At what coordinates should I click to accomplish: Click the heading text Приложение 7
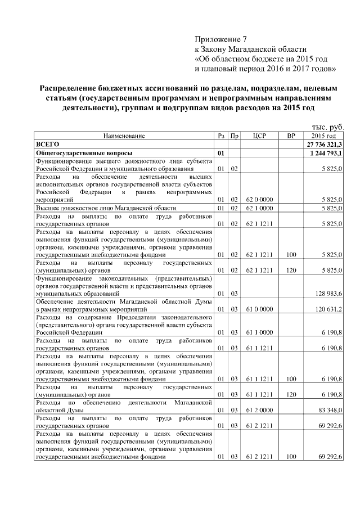tap(220, 39)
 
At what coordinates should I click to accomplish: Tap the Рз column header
tap(221, 136)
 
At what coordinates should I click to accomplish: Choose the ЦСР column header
tap(259, 136)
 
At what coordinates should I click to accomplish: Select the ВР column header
tap(290, 136)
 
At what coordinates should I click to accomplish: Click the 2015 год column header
tap(323, 136)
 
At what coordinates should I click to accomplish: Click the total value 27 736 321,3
tap(324, 145)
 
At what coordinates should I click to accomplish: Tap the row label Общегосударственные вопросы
tap(84, 153)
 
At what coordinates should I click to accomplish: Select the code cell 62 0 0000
tap(259, 199)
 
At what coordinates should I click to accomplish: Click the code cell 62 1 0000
tap(259, 208)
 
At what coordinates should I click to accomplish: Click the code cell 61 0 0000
tap(259, 309)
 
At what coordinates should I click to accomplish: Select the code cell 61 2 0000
tap(259, 410)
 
